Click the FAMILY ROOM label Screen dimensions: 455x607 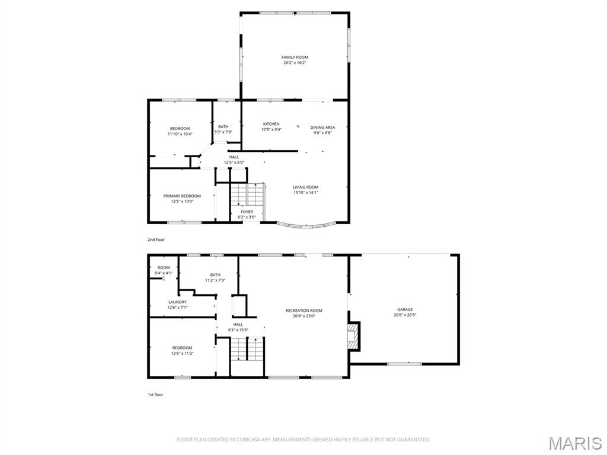(x=295, y=57)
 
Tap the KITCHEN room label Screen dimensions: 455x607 (x=271, y=124)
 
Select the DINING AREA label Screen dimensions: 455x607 (x=322, y=127)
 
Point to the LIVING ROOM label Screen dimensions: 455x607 (x=305, y=187)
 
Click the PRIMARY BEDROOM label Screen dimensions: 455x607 (x=182, y=196)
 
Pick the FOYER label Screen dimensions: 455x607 (x=247, y=212)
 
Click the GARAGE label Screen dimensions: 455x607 (x=405, y=309)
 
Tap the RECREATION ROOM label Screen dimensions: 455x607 (x=303, y=310)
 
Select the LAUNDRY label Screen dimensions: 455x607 (x=177, y=302)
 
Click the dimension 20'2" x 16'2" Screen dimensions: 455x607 (x=295, y=62)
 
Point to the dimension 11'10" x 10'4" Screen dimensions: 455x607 (x=180, y=134)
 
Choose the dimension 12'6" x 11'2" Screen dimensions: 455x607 (x=182, y=353)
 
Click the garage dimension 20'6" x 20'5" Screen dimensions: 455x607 (x=405, y=315)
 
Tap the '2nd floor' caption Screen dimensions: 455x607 (x=156, y=240)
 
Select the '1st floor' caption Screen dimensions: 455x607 (x=155, y=394)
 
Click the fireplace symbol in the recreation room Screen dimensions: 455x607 (x=353, y=337)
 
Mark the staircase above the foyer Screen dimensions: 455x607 (x=247, y=194)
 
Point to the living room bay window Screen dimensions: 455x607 (x=306, y=225)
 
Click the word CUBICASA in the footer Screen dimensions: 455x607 (x=237, y=440)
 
